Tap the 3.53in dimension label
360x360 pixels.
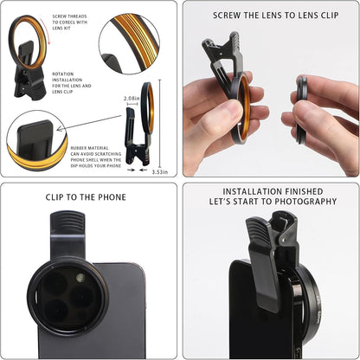tap(159, 171)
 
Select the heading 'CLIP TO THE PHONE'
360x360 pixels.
tap(86, 197)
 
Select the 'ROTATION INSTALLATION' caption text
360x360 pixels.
tap(68, 85)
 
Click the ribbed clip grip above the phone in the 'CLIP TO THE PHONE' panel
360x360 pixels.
tap(67, 235)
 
